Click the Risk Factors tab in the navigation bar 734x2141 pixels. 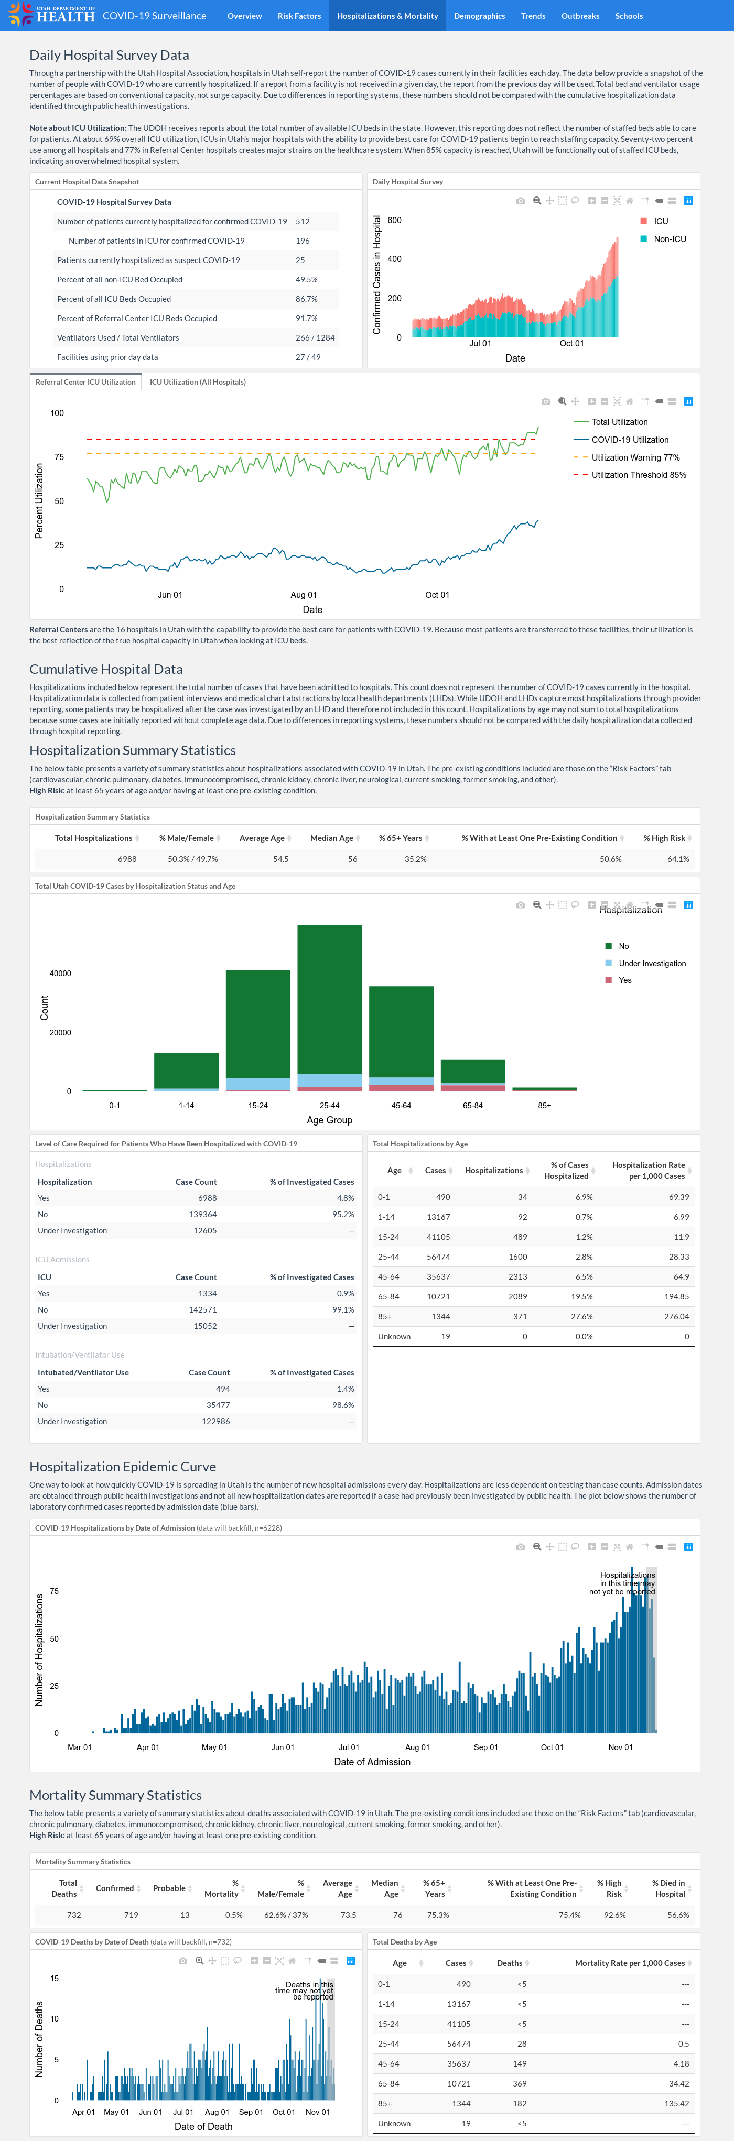[299, 16]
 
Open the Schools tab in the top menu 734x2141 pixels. [629, 16]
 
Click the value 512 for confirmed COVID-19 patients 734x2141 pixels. [303, 221]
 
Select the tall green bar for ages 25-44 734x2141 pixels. [329, 999]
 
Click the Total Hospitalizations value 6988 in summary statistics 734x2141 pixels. [127, 859]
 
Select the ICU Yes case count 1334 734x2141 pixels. [207, 1293]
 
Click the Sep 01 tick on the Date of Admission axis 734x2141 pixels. [485, 1747]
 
